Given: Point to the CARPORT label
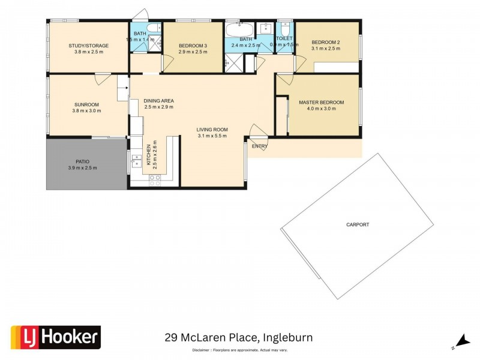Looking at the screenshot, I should click(358, 225).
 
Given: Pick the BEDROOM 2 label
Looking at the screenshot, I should click(326, 42).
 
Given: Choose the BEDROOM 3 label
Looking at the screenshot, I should click(193, 45).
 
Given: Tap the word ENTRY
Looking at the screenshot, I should click(260, 146).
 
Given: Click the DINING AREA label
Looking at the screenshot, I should click(159, 100).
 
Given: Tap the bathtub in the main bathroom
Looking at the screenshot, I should click(239, 31).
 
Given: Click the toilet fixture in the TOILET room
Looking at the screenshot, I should click(285, 29).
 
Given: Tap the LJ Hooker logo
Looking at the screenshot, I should click(56, 337).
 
